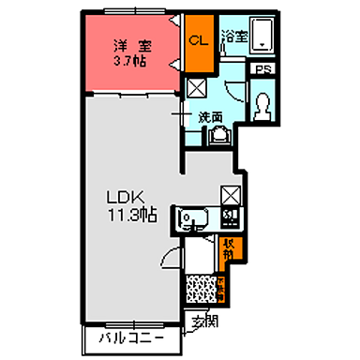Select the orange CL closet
pyautogui.click(x=198, y=42)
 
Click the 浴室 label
pyautogui.click(x=233, y=38)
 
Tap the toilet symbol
pyautogui.click(x=262, y=104)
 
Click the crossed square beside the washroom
pyautogui.click(x=198, y=89)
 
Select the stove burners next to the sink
pyautogui.click(x=231, y=220)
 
